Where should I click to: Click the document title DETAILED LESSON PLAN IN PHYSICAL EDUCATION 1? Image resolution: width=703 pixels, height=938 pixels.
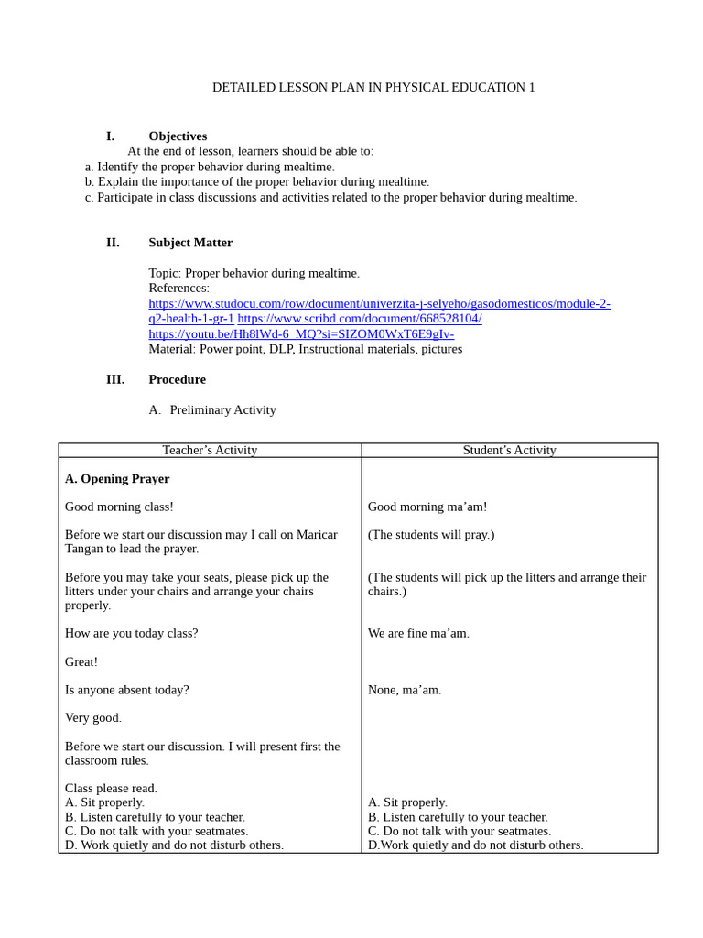(373, 88)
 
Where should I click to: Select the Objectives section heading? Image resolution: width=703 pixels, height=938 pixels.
(178, 136)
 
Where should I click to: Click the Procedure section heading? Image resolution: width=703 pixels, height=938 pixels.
(177, 379)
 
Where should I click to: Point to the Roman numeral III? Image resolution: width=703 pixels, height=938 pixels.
(114, 379)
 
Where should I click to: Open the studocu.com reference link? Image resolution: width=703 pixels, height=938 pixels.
(379, 303)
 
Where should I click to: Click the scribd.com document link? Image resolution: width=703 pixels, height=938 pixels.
(360, 318)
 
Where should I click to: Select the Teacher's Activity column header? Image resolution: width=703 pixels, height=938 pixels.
(210, 450)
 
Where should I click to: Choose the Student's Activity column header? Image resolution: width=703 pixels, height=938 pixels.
(509, 450)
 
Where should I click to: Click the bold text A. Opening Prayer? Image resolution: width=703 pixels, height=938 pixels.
(117, 479)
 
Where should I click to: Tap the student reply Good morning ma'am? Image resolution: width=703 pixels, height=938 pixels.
(427, 507)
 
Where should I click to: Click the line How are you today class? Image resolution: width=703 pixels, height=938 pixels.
(131, 633)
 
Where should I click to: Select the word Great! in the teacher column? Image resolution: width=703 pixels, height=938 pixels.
(81, 661)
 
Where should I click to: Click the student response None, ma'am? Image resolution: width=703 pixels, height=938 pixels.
(405, 690)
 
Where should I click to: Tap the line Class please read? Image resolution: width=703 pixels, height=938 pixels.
(111, 788)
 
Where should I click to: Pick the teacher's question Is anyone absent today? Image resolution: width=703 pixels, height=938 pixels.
(127, 690)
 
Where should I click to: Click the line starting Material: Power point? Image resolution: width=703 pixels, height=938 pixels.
(305, 349)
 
